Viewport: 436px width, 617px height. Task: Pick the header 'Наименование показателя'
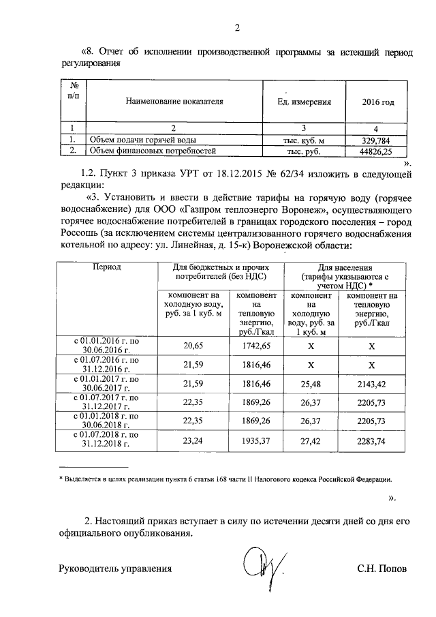point(174,102)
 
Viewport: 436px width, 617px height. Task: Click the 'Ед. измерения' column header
point(305,102)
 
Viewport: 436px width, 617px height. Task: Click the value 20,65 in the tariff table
point(194,346)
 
